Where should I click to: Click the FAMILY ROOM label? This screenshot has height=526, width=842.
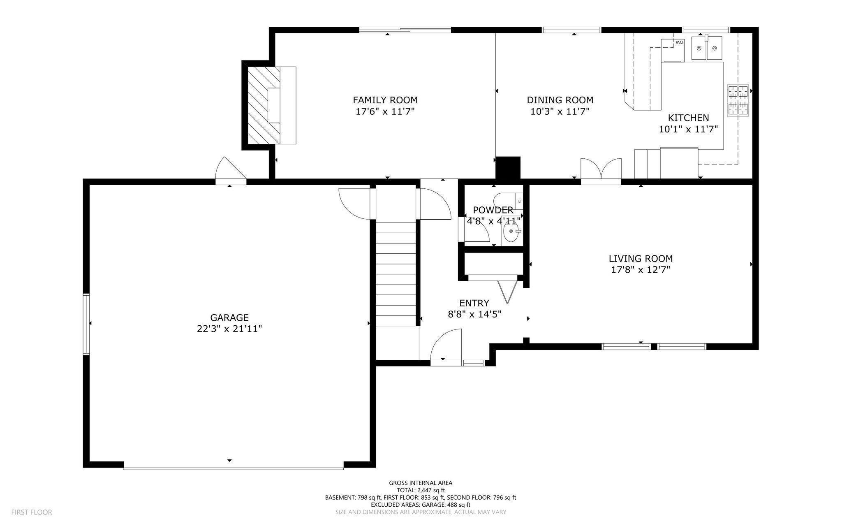385,100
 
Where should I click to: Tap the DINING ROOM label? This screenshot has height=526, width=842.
560,100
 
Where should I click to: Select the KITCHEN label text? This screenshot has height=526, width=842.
688,118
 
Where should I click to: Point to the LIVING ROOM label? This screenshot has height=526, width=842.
641,259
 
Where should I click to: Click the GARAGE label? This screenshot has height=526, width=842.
229,317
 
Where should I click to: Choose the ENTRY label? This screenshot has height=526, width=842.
474,303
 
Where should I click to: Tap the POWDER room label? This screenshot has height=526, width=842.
493,210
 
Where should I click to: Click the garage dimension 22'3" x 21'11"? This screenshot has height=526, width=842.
229,329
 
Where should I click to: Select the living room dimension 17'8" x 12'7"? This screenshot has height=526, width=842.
641,270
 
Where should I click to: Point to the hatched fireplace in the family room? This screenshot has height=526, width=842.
263,105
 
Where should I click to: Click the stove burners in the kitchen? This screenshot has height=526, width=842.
738,100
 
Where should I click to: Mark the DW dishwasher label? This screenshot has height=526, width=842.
678,42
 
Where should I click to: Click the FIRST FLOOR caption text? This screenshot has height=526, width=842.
32,512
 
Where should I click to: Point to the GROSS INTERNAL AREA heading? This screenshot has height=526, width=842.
421,483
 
